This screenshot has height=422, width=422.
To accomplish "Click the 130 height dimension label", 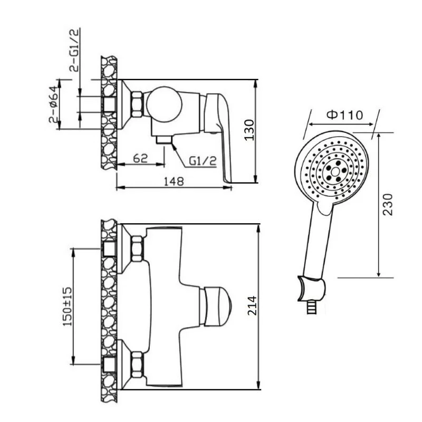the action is coord(249,130).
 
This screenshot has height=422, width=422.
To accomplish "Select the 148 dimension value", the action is coord(174,181).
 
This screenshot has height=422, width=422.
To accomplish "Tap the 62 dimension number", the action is coord(140,158).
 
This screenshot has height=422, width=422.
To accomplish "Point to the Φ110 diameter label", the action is coord(345,115).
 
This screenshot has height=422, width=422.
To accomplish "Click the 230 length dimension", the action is coord(388,204).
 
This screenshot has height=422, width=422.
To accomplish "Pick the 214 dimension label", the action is coord(253,305).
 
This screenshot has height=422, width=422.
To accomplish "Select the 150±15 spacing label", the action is coord(68,306).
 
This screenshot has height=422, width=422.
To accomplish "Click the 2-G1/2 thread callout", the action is coord(75,50).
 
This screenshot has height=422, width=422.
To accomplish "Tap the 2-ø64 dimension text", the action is coord(53,104).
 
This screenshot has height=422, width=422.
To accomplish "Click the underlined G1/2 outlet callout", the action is coord(203,161).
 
